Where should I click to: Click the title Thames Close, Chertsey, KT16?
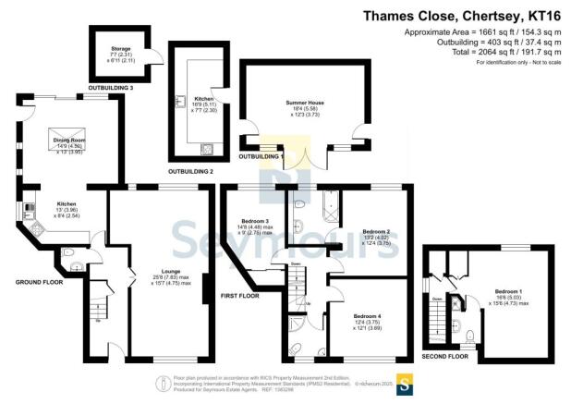coord(468,15)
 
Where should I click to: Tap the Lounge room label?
coord(152,271)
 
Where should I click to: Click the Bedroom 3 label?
coord(254,222)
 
